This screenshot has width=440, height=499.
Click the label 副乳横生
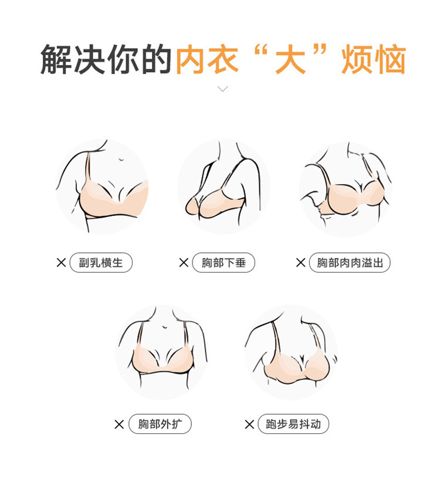pyautogui.click(x=100, y=263)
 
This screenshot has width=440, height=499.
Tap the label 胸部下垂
pyautogui.click(x=224, y=263)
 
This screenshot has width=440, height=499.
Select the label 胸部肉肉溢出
pyautogui.click(x=350, y=263)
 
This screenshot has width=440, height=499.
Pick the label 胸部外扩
pyautogui.click(x=160, y=424)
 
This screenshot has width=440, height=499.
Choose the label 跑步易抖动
pyautogui.click(x=293, y=424)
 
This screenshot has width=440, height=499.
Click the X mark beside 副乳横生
pyautogui.click(x=61, y=263)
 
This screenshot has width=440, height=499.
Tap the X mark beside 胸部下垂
pyautogui.click(x=184, y=263)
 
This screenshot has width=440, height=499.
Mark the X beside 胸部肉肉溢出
pyautogui.click(x=300, y=263)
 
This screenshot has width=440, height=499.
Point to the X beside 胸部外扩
pyautogui.click(x=119, y=424)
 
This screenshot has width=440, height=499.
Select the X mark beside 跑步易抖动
pyautogui.click(x=249, y=424)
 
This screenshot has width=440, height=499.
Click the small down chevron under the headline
pyautogui.click(x=222, y=89)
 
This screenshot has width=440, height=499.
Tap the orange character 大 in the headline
pyautogui.click(x=290, y=59)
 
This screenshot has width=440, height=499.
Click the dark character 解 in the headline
pyautogui.click(x=56, y=59)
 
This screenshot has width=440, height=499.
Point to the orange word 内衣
pyautogui.click(x=207, y=59)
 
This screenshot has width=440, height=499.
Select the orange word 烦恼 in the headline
pyautogui.click(x=374, y=59)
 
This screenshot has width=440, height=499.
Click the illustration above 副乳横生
pyautogui.click(x=102, y=186)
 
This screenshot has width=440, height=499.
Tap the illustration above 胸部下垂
pyautogui.click(x=224, y=186)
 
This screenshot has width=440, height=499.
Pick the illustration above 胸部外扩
pyautogui.click(x=162, y=352)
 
